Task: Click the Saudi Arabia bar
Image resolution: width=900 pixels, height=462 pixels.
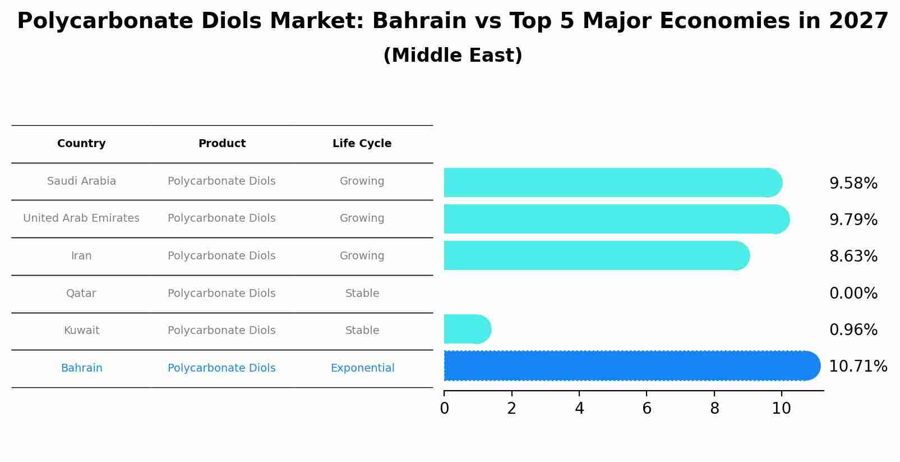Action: (611, 182)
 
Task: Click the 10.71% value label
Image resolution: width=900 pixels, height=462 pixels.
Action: (857, 367)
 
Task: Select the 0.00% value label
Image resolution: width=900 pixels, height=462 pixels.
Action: (853, 293)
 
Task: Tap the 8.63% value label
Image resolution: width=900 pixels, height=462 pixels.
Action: (853, 257)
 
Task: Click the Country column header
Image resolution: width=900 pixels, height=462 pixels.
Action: (81, 144)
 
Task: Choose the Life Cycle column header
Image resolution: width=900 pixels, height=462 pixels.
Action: (362, 144)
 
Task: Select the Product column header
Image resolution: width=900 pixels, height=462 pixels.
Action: (221, 144)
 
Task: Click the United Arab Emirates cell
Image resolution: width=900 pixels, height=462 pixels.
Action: (81, 218)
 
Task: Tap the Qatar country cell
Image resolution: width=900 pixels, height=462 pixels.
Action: (81, 294)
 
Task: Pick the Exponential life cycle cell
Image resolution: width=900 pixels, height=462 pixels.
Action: (362, 368)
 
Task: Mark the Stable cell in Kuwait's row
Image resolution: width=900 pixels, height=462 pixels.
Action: (362, 331)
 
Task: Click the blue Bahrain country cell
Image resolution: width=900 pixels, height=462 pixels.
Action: (81, 368)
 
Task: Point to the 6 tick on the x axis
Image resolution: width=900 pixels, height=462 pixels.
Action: (647, 409)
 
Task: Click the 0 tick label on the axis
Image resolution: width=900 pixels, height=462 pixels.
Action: (444, 409)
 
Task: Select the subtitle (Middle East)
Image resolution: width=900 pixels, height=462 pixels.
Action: (453, 56)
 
